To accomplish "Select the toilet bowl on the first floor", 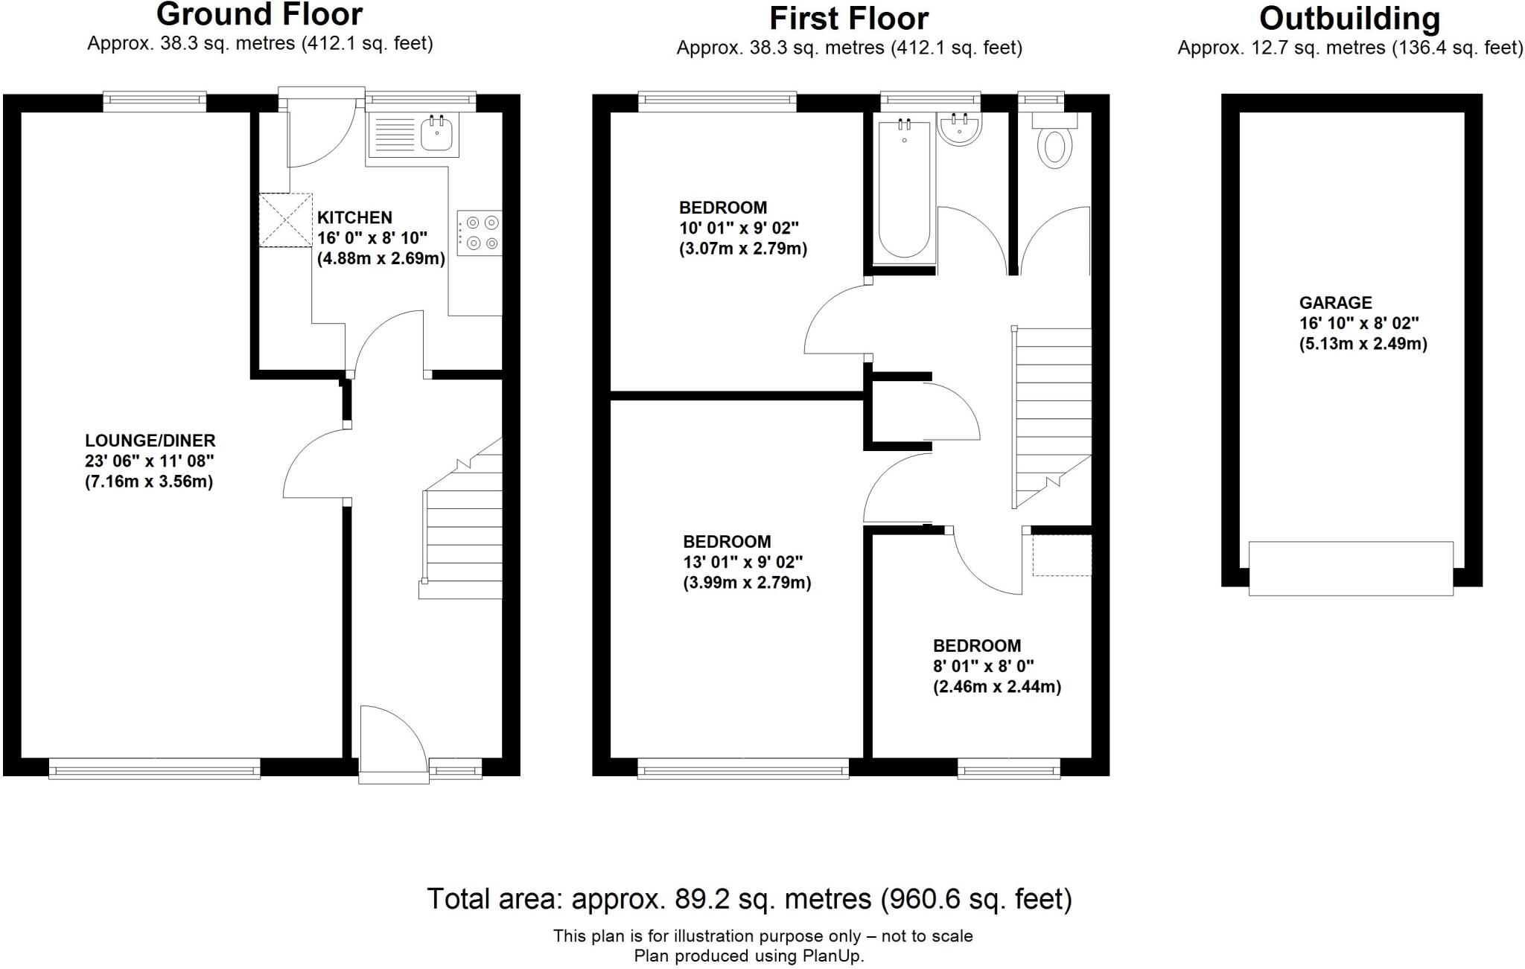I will click(1054, 147).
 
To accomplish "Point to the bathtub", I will click(905, 190).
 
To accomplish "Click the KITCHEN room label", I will click(354, 217).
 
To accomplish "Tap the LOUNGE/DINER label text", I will click(150, 440).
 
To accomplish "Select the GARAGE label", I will click(1335, 303).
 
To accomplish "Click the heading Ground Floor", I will click(259, 15).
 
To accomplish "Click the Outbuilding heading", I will click(1349, 19).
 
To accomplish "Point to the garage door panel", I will click(1350, 569).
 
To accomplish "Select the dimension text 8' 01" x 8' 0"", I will click(984, 666).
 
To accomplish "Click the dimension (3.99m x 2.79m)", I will click(747, 583).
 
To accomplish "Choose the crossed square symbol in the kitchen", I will click(285, 220).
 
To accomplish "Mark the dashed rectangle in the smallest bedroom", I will click(1062, 554).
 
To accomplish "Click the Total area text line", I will click(748, 899).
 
